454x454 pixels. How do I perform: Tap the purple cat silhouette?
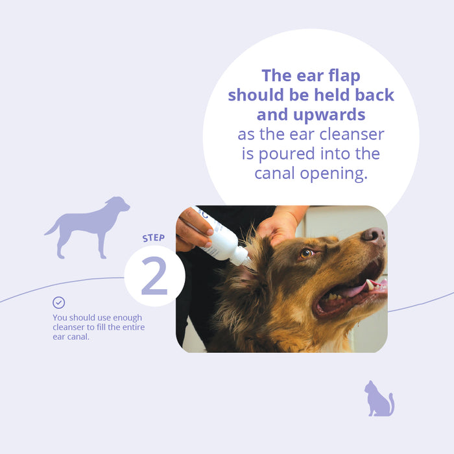[x=379, y=400]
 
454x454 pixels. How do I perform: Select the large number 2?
[x=154, y=278]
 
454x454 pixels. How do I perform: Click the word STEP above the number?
[x=154, y=238]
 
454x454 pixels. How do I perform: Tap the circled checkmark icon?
[x=58, y=302]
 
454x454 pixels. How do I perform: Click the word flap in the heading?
[x=339, y=75]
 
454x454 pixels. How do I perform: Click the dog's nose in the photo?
[x=373, y=235]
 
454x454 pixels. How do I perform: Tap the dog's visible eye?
[x=306, y=253]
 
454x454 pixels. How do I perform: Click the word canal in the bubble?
[x=276, y=174]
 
